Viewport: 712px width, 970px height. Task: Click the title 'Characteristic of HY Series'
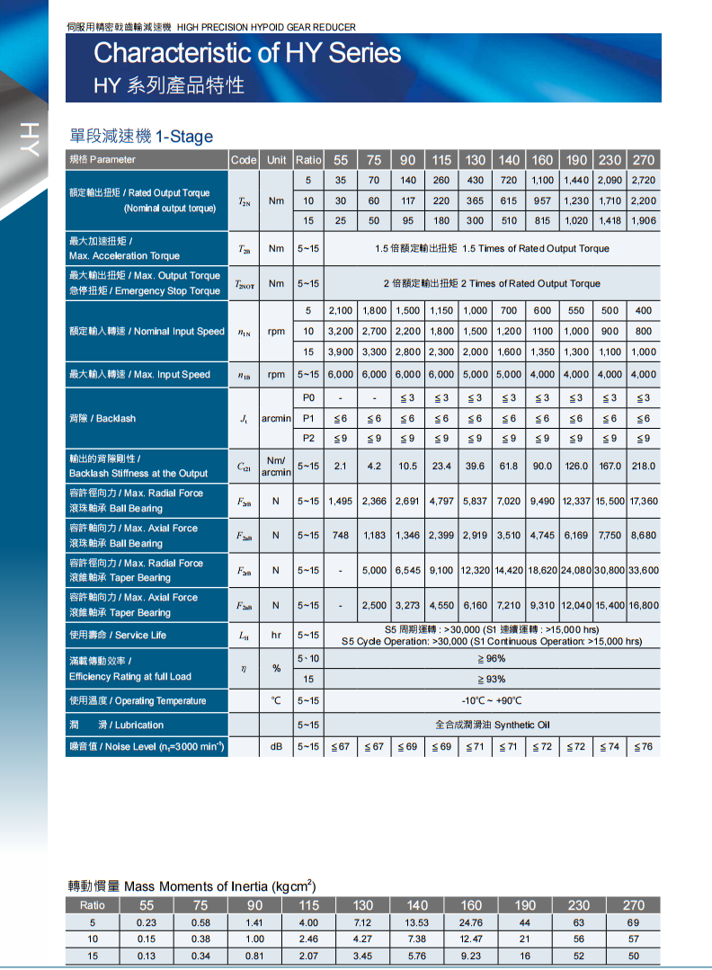(247, 54)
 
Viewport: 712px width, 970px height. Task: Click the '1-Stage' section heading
(184, 137)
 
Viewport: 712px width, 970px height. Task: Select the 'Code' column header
(244, 160)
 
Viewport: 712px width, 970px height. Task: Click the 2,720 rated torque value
(644, 181)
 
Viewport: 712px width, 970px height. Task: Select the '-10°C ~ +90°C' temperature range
(491, 701)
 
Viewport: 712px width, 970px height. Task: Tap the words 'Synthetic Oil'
(521, 725)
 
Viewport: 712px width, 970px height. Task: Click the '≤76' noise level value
(644, 747)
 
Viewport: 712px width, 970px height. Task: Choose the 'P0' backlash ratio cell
(308, 397)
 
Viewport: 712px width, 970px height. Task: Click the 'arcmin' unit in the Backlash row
(276, 419)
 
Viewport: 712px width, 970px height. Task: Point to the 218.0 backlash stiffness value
(644, 466)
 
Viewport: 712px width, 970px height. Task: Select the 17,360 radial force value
(644, 501)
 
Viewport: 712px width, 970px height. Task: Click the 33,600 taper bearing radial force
(644, 570)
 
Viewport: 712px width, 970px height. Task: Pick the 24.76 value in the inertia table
(471, 922)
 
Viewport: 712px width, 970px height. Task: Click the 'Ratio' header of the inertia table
(92, 905)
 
